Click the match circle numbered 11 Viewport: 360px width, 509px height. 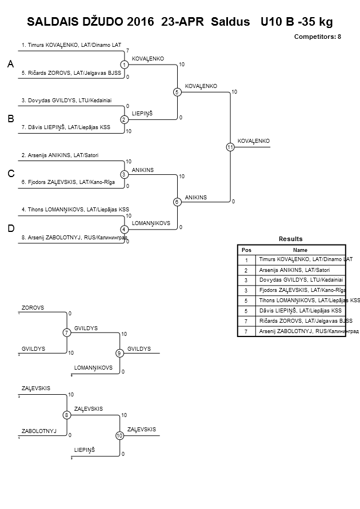click(x=230, y=147)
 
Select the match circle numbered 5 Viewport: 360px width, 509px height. click(x=177, y=92)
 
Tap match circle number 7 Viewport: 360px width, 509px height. click(x=67, y=332)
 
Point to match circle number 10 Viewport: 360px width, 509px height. click(x=119, y=435)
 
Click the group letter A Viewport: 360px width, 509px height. click(x=10, y=65)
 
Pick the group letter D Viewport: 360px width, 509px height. click(x=10, y=229)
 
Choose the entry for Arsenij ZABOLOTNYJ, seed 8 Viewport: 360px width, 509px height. click(x=74, y=237)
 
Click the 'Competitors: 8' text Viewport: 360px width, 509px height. click(x=318, y=36)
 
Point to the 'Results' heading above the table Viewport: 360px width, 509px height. click(x=291, y=239)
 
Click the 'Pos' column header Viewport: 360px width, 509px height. click(x=246, y=250)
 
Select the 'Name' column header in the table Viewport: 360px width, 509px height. click(x=300, y=250)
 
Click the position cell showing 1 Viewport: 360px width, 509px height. click(x=246, y=259)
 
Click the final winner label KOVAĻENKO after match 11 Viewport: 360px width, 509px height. click(x=253, y=141)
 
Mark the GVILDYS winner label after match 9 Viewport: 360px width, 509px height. click(x=139, y=348)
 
